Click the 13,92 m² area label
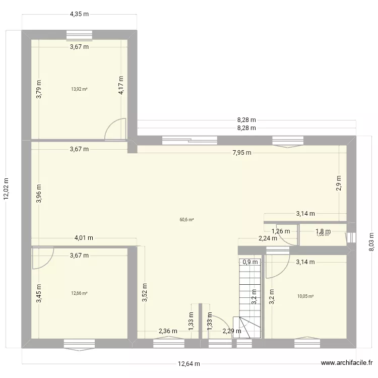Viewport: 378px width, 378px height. [x=79, y=89]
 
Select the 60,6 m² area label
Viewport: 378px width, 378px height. [x=186, y=219]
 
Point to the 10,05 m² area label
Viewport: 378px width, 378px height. [x=305, y=296]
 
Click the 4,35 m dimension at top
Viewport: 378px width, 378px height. [x=79, y=14]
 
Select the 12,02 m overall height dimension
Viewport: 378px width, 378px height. [x=7, y=190]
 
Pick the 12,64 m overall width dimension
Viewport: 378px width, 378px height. [x=188, y=364]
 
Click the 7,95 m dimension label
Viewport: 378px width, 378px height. [x=242, y=153]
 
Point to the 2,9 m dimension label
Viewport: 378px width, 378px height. [x=339, y=182]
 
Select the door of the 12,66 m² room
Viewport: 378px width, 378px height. [x=42, y=258]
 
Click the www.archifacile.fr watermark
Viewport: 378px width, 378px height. [x=347, y=362]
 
